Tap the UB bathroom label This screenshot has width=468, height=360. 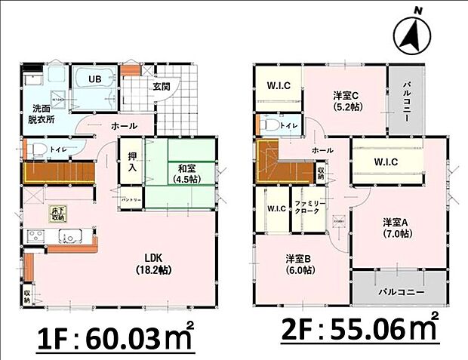(97, 79)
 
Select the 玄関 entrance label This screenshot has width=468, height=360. (162, 87)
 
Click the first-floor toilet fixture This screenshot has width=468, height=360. (34, 149)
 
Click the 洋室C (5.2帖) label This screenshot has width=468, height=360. (347, 100)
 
